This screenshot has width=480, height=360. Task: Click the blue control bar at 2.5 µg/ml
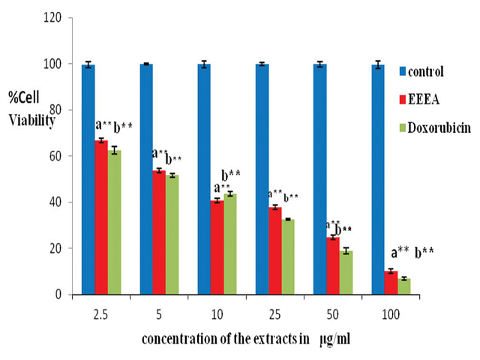pyautogui.click(x=88, y=179)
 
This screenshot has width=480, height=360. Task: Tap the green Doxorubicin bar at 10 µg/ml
pyautogui.click(x=230, y=244)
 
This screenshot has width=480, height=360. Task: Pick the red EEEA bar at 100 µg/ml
pyautogui.click(x=391, y=283)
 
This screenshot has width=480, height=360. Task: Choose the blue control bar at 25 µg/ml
pyautogui.click(x=262, y=179)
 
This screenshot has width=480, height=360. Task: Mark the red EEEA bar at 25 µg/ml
pyautogui.click(x=275, y=250)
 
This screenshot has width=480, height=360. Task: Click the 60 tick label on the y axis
pyautogui.click(x=64, y=156)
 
